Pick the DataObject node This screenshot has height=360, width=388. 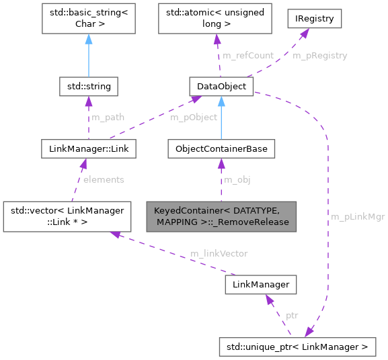[x=221, y=87]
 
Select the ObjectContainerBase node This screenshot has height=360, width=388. [x=221, y=148]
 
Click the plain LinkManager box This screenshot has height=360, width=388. [x=260, y=285]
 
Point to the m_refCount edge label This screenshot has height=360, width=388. [x=249, y=55]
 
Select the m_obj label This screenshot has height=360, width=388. [x=237, y=179]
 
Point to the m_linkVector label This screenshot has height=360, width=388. [x=219, y=253]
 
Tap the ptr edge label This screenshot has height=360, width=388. [x=292, y=316]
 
